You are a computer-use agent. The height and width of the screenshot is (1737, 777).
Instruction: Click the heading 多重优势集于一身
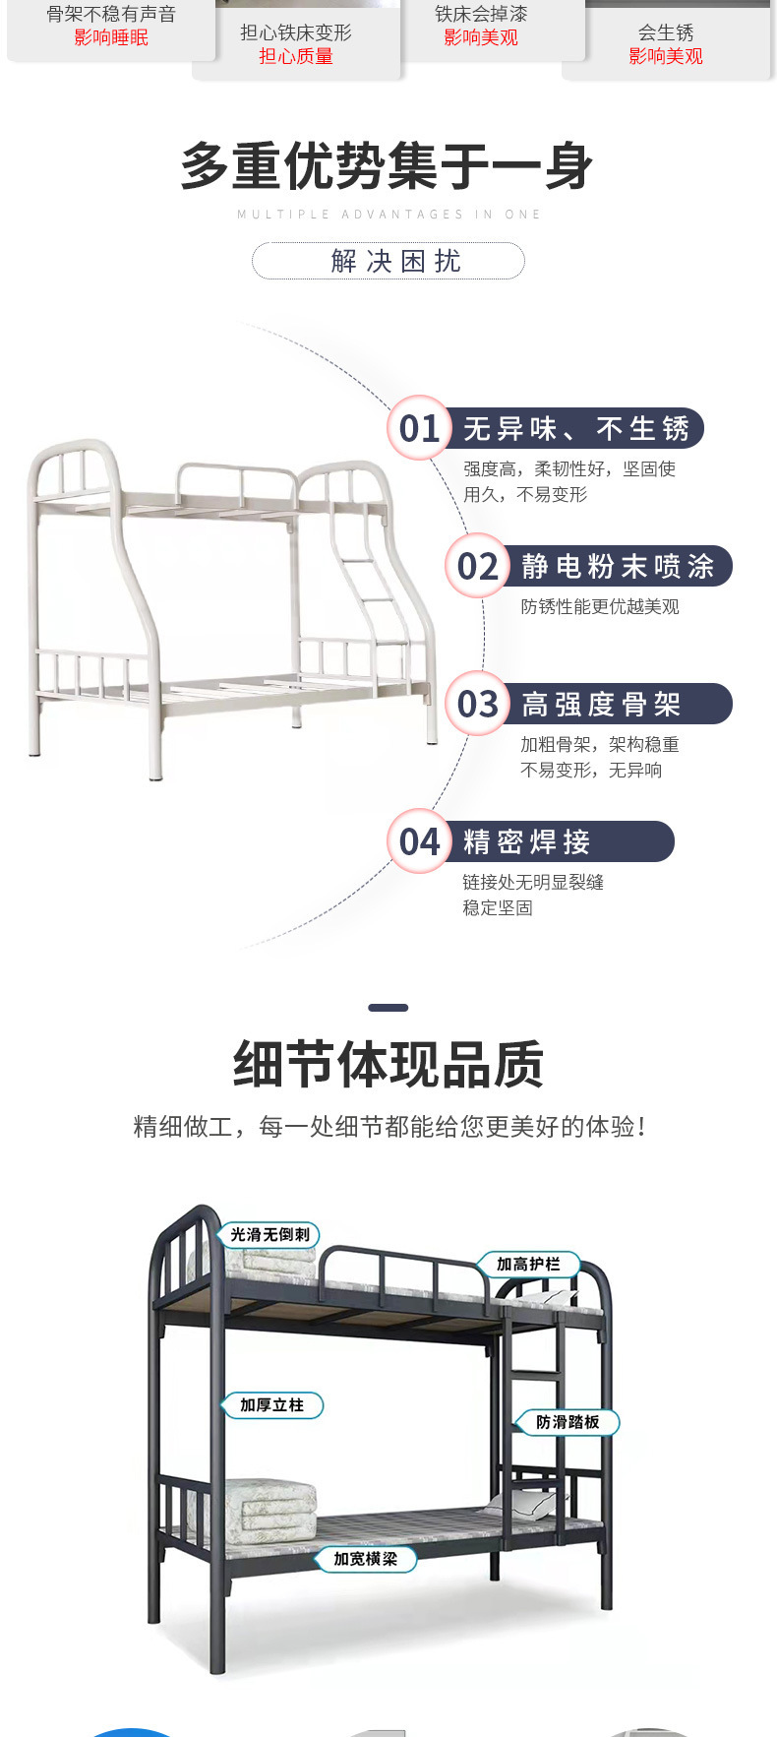tap(388, 165)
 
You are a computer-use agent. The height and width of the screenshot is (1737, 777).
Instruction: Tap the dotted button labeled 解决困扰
tap(388, 261)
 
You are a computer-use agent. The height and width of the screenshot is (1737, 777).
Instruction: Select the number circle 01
tap(419, 428)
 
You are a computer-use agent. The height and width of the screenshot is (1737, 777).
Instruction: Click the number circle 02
tap(477, 566)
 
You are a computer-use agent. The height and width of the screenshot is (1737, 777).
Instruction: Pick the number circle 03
tap(477, 704)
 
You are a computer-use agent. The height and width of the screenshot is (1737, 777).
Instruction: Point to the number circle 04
tap(419, 841)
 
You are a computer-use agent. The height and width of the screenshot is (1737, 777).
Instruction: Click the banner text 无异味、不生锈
tap(576, 428)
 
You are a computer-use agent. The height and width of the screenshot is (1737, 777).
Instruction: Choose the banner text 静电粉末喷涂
tap(618, 566)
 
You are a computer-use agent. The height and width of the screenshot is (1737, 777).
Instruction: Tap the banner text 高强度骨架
tap(601, 704)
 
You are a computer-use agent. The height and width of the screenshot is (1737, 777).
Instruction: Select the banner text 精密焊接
tap(527, 841)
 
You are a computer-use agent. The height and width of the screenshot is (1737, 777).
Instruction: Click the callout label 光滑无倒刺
tap(269, 1234)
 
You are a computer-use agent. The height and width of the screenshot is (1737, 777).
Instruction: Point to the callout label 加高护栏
tap(528, 1264)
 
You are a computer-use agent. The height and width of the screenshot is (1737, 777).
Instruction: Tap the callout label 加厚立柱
tap(272, 1405)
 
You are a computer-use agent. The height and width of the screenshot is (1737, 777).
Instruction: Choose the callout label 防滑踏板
tap(568, 1422)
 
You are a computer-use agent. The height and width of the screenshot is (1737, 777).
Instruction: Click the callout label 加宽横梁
tap(365, 1559)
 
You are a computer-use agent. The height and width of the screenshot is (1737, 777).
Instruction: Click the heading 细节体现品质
tap(388, 1065)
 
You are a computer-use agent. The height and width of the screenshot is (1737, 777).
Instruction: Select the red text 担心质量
tap(296, 56)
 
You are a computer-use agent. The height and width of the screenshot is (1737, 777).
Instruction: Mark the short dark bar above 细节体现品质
tap(388, 1008)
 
